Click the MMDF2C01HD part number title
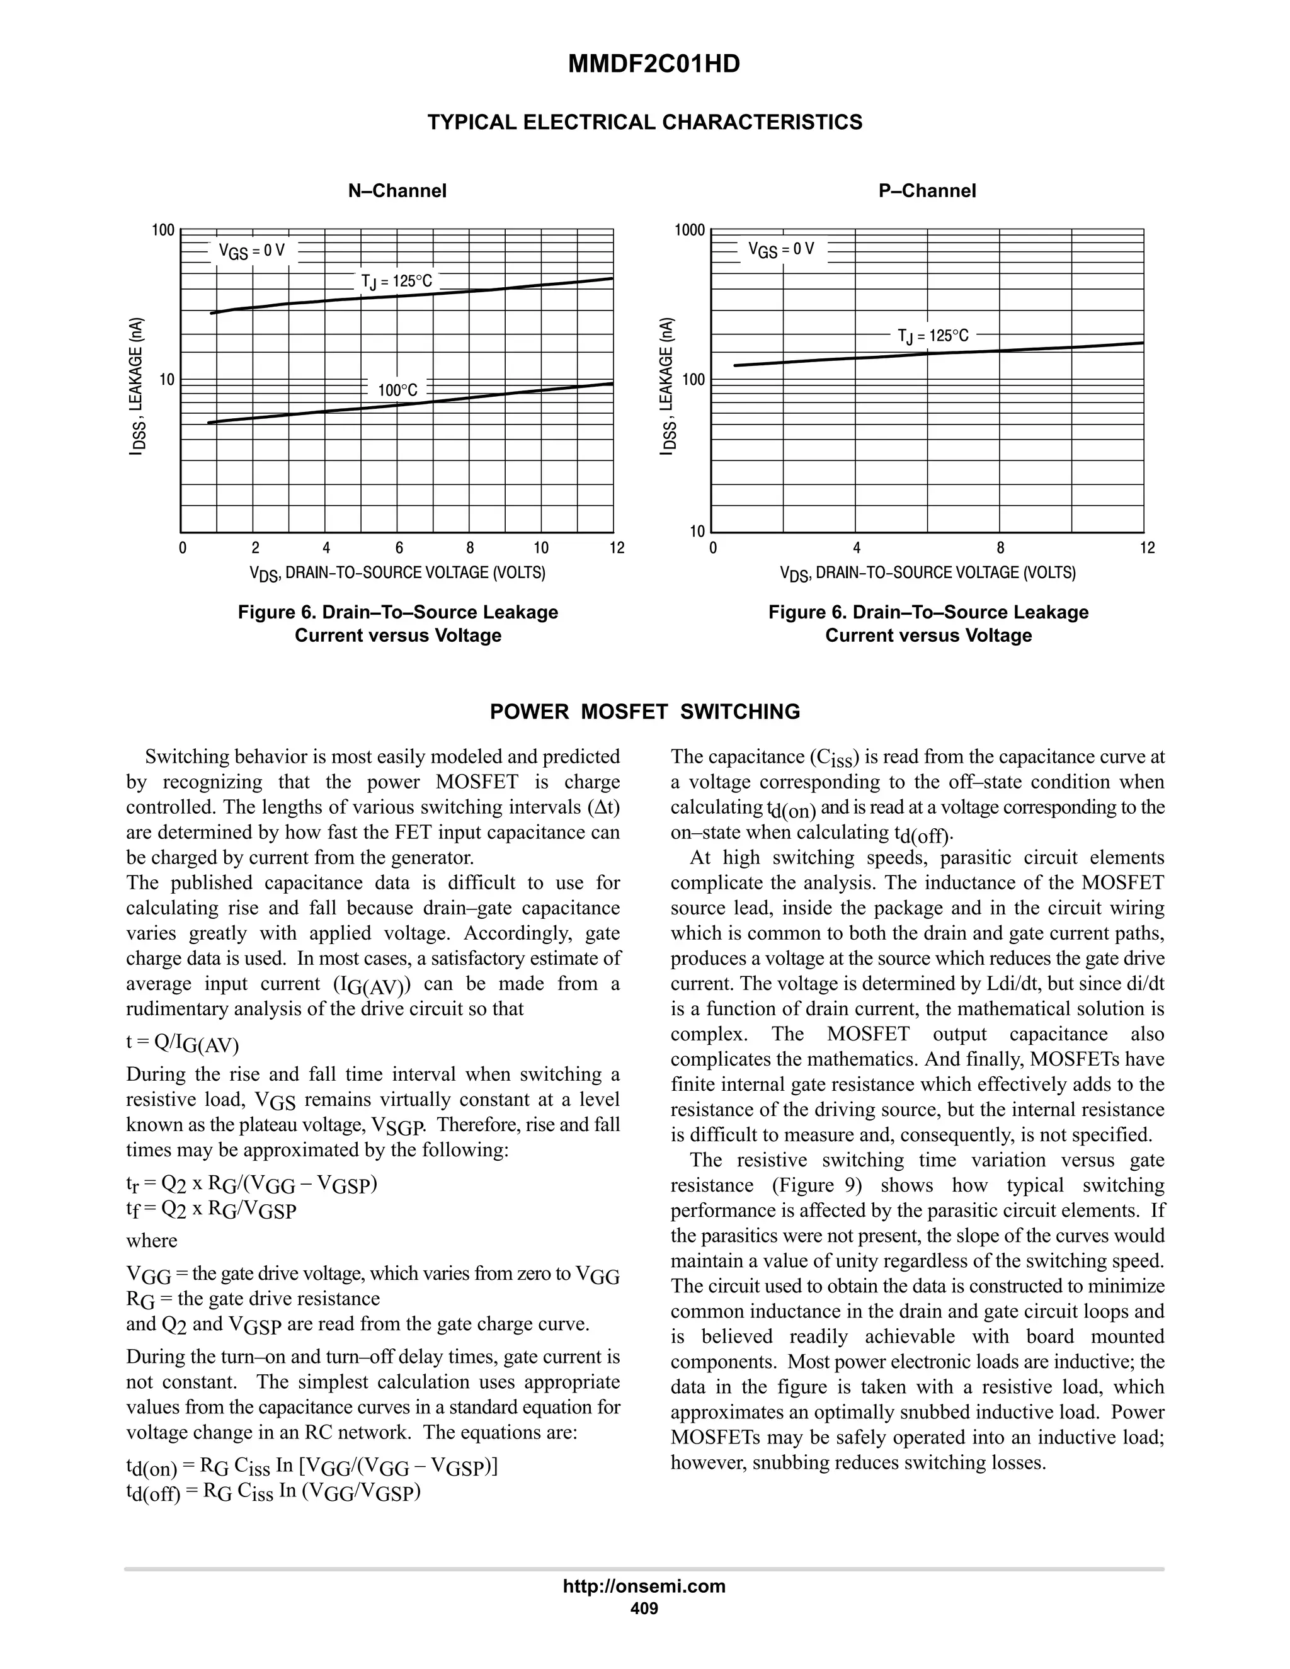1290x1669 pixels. click(x=653, y=64)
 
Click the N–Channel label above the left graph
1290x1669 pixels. click(x=397, y=190)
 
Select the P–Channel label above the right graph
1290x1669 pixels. click(x=927, y=190)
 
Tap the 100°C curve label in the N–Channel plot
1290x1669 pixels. click(x=397, y=390)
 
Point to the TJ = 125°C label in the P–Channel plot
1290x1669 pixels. click(x=932, y=336)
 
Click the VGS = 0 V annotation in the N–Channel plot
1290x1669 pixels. click(x=251, y=250)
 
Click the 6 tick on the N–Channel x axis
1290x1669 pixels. click(x=399, y=548)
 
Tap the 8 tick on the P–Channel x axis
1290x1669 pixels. click(x=1000, y=548)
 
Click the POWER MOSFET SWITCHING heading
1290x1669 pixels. click(x=644, y=712)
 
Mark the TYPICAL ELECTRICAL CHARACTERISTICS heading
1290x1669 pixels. click(x=644, y=122)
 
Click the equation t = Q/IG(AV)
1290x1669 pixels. click(x=183, y=1043)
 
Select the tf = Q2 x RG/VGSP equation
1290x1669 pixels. click(x=211, y=1210)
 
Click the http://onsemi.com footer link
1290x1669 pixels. click(x=644, y=1586)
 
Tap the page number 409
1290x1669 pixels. click(x=644, y=1609)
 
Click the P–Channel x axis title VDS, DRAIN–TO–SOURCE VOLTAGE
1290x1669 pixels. click(x=927, y=572)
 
